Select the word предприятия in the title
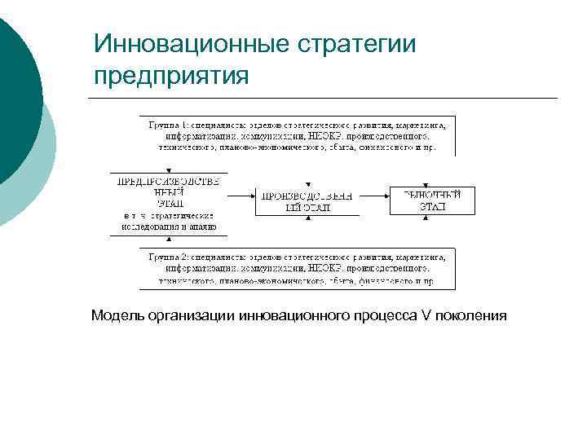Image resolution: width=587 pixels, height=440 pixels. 170,76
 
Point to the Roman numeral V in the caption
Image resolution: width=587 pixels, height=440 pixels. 426,315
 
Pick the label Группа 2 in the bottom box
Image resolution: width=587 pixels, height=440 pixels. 168,257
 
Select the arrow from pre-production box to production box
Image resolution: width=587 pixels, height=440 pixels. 241,196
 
